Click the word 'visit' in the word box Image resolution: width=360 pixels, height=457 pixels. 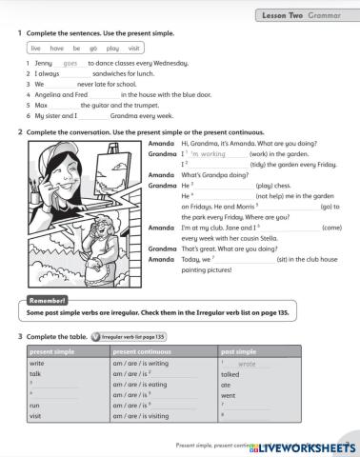click(x=134, y=47)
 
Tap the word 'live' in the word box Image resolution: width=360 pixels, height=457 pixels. click(x=36, y=47)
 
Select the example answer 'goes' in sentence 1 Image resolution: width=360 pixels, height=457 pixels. click(x=70, y=63)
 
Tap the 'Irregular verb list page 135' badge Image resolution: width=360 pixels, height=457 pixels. click(x=132, y=337)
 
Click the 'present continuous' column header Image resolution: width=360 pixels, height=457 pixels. click(x=144, y=352)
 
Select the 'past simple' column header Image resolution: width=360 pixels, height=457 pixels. click(x=237, y=352)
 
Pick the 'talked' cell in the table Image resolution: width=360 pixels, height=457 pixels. click(x=230, y=374)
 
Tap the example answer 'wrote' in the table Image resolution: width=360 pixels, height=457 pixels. click(x=247, y=364)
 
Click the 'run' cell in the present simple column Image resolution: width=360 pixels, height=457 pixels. click(x=35, y=406)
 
